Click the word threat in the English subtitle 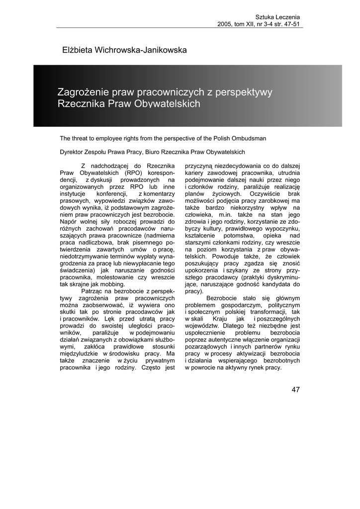click(x=83, y=138)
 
